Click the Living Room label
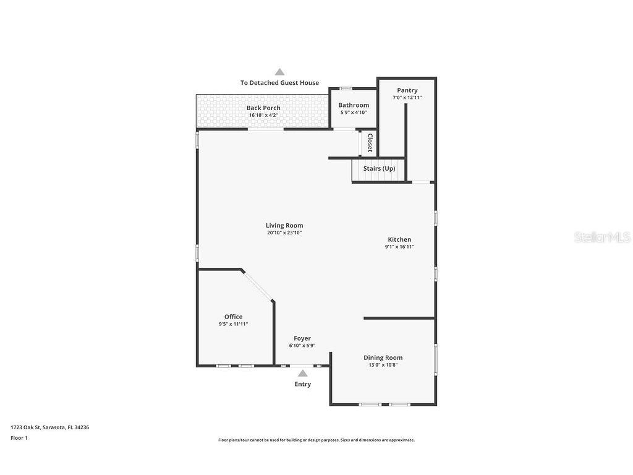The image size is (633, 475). tap(284, 226)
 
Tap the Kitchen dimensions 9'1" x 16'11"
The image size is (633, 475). tap(399, 247)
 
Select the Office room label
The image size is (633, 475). tap(233, 317)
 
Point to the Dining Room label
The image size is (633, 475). tap(383, 357)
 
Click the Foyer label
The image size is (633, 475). tap(302, 338)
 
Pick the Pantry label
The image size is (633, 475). tap(407, 90)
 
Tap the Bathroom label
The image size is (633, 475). tap(354, 105)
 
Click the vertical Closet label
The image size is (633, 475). tap(370, 143)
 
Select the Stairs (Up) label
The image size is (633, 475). tap(379, 168)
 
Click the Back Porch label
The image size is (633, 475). tap(263, 108)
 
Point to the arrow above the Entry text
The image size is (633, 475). tap(302, 373)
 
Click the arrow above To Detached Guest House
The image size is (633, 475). tap(279, 72)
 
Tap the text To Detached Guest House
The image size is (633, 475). tap(279, 83)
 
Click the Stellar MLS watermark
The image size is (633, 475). tap(601, 237)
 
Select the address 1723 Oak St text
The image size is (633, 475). tap(49, 427)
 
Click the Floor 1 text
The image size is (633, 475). tap(19, 438)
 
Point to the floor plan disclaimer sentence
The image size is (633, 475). tap(316, 440)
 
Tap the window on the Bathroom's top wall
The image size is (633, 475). tap(346, 88)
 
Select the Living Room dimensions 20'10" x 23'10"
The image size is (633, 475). tap(284, 233)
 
